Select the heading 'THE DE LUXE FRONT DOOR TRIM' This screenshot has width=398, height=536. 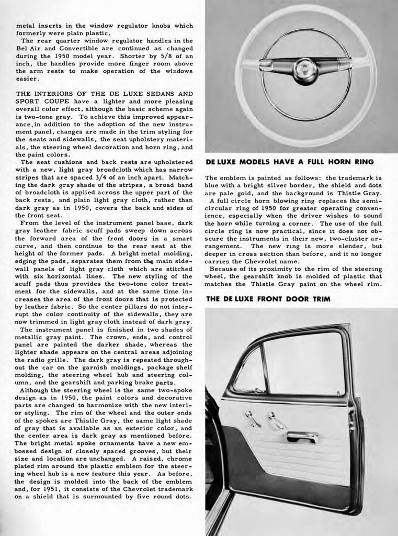tap(268, 299)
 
